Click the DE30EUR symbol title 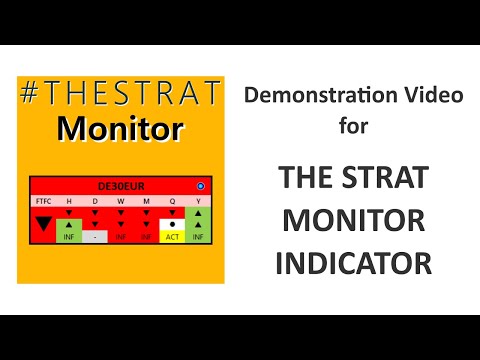pos(119,186)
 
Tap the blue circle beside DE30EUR pos(200,186)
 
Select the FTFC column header pos(42,201)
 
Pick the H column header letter pos(69,201)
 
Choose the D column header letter pos(95,201)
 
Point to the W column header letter pos(120,201)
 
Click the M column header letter pos(146,201)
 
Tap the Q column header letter pos(172,201)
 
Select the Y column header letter pos(198,201)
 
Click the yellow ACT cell pos(172,238)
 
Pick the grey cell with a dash pos(95,238)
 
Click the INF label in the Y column pos(198,238)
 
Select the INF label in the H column pos(69,238)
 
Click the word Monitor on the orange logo pos(119,129)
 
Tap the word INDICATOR pos(354,262)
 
